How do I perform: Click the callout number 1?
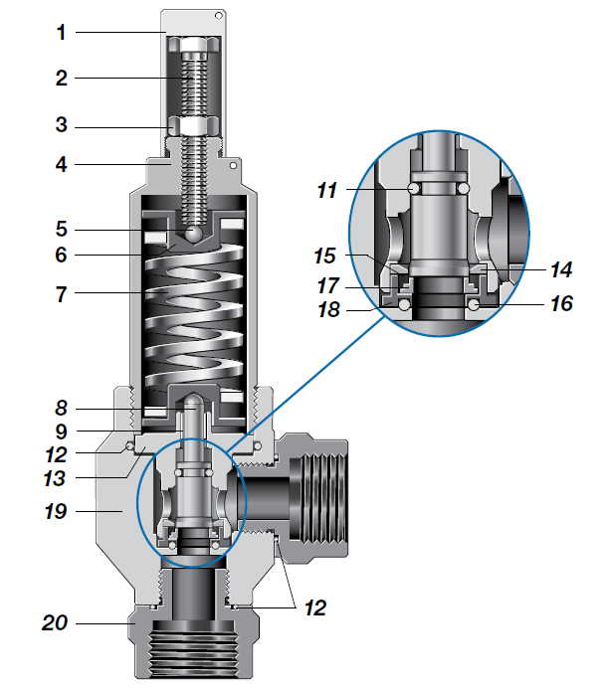tap(61, 33)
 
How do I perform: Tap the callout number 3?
tap(61, 126)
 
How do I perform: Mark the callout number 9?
tap(61, 432)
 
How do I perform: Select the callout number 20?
tap(56, 624)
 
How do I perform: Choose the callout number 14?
tap(560, 269)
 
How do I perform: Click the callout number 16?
tap(560, 303)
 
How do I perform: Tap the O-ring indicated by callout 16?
tap(474, 305)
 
